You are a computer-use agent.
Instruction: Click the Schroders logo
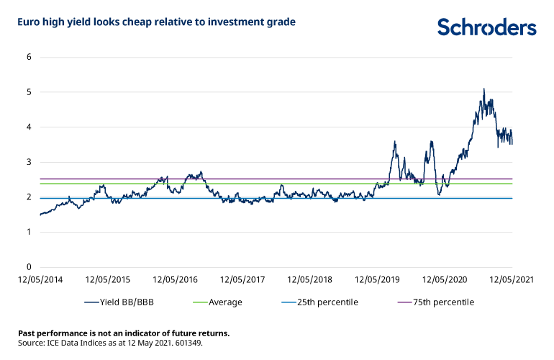[x=486, y=27]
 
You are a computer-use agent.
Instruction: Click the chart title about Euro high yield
[x=156, y=22]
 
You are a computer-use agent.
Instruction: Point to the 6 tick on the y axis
[x=29, y=57]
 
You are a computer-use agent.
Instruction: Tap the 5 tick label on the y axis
[x=29, y=92]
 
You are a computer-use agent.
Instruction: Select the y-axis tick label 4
[x=29, y=127]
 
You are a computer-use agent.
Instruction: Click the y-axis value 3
[x=29, y=162]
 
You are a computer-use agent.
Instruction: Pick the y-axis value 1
[x=29, y=233]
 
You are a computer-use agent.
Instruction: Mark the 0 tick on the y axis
[x=29, y=267]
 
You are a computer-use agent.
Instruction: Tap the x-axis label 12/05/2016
[x=176, y=279]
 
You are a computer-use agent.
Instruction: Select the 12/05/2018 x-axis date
[x=309, y=279]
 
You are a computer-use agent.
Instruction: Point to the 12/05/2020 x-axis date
[x=443, y=279]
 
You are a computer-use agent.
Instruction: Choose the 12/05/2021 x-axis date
[x=510, y=279]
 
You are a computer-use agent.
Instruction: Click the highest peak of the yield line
[x=483, y=89]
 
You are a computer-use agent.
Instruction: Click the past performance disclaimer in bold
[x=124, y=333]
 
